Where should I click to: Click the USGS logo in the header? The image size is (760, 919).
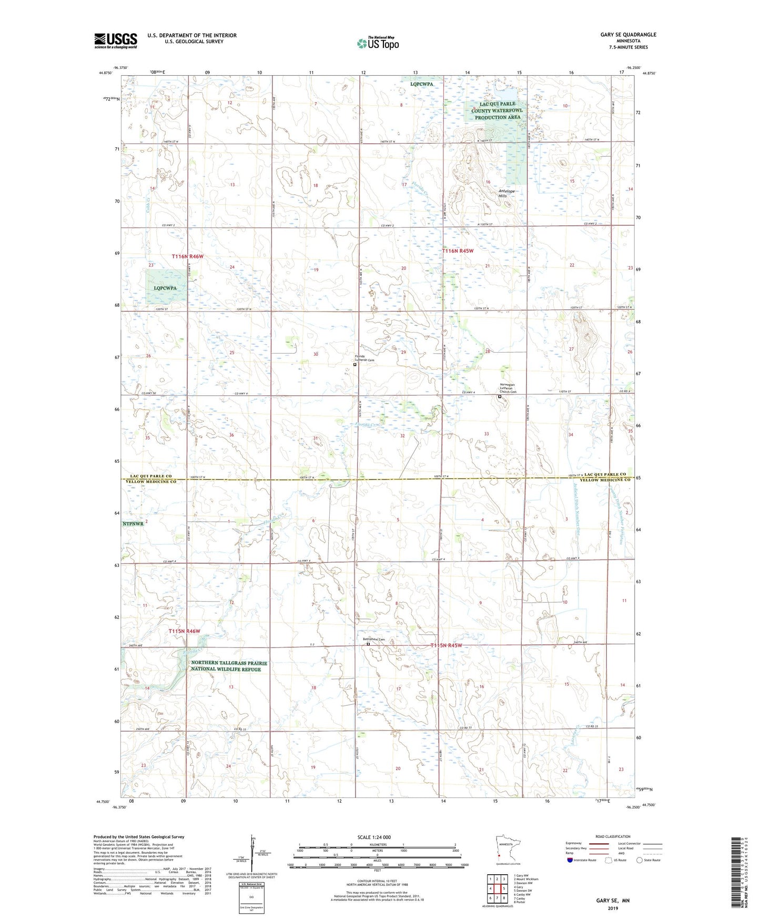click(x=116, y=41)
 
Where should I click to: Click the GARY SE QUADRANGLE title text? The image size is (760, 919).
click(x=628, y=35)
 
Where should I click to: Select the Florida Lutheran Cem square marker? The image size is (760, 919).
click(x=354, y=364)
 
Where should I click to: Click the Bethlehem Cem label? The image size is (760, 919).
click(x=374, y=640)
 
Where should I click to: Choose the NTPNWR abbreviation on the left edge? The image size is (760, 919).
click(x=133, y=524)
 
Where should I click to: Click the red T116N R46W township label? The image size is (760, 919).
click(x=187, y=256)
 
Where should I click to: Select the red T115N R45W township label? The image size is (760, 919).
click(x=446, y=645)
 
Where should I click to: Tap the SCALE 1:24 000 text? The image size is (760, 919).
click(x=374, y=837)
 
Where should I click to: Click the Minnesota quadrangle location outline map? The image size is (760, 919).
click(x=508, y=850)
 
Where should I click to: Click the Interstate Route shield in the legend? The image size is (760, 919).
click(x=571, y=860)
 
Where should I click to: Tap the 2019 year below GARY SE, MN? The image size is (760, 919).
click(x=613, y=908)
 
